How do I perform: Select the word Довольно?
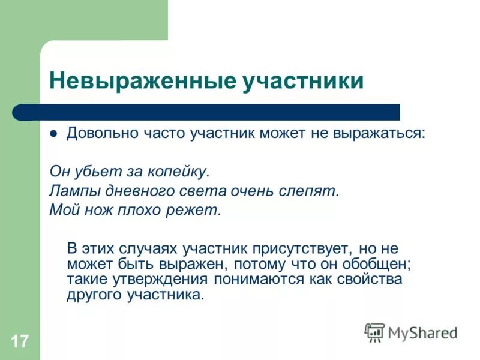point(98,133)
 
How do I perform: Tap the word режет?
point(194,211)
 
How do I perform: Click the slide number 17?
point(19,342)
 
